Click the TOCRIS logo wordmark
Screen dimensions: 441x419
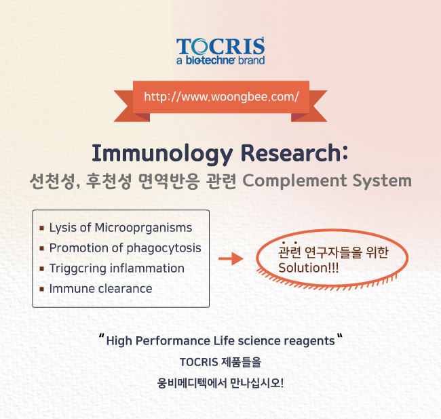[220, 46]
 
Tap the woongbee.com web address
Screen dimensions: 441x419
[221, 97]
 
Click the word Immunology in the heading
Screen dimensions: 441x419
[162, 154]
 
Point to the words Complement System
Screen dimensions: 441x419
[327, 181]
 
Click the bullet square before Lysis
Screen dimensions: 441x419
[42, 228]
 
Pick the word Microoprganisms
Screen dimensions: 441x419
[143, 228]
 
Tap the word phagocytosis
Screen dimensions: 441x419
[164, 248]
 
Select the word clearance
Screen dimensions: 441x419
[125, 289]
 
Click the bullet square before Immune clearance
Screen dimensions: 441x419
[42, 289]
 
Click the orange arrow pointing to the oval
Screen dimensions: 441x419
[231, 258]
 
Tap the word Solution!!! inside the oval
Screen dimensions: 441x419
[308, 268]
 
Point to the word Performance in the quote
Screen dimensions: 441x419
[173, 341]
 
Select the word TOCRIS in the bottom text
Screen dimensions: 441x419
[199, 362]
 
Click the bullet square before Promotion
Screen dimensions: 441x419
[42, 248]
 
